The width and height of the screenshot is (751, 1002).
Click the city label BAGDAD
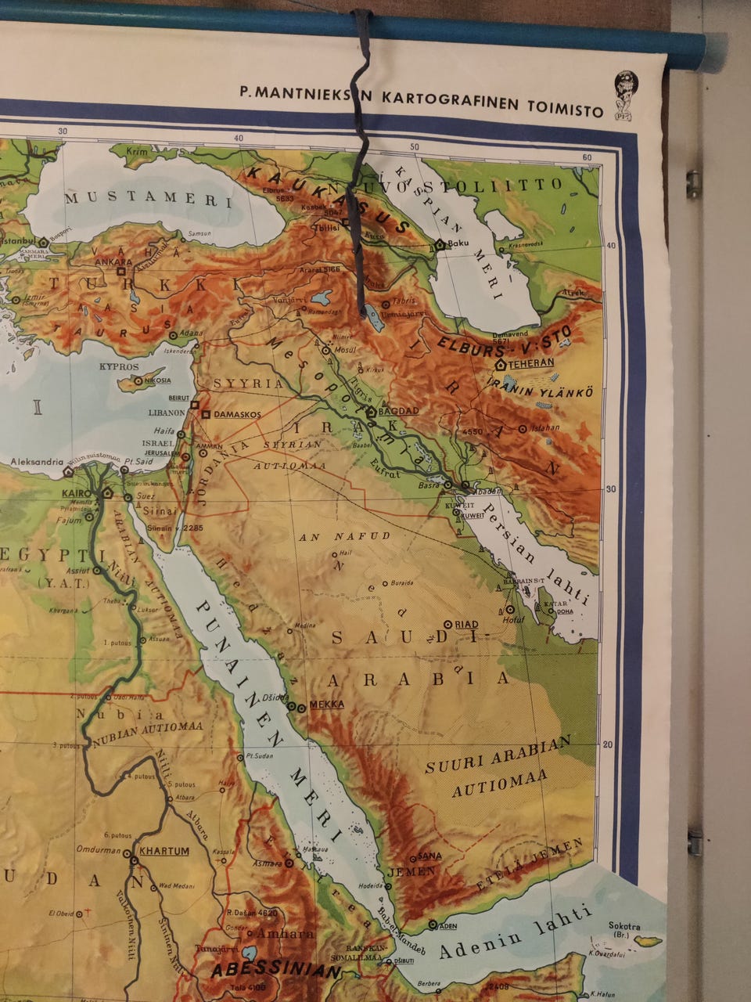coord(398,410)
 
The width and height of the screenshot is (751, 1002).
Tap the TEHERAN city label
coord(532,362)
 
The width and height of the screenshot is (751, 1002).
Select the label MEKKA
coord(327,704)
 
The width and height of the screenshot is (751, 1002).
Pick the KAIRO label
coord(81,495)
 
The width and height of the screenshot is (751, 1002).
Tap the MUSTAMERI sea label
coord(148,200)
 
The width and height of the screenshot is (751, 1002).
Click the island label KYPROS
coord(119,366)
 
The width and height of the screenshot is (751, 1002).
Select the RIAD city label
coord(466,624)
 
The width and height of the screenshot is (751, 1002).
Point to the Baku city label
coord(459,243)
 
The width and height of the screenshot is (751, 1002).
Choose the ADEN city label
coord(447,926)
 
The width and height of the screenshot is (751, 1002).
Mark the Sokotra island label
coord(627,925)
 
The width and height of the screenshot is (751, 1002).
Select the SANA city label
coord(426,855)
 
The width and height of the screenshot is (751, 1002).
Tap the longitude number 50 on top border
coord(415,146)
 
